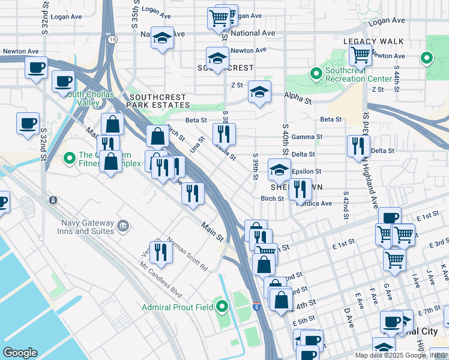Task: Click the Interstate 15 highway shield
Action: [x=113, y=40]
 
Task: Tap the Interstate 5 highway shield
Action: [x=256, y=307]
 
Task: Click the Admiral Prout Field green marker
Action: [x=222, y=307]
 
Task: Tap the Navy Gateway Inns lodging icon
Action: [x=123, y=226]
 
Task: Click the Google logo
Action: [x=20, y=353]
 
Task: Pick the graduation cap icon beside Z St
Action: [x=259, y=92]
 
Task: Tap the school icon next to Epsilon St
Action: [x=279, y=170]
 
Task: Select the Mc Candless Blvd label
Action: [x=160, y=280]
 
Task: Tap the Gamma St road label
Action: [x=307, y=137]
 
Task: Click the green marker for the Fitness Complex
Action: [x=69, y=159]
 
